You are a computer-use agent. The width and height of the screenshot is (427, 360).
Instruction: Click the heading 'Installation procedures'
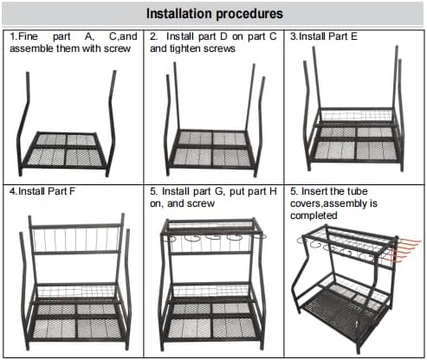[x=213, y=14]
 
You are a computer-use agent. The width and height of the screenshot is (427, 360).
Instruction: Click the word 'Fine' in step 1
[x=36, y=37]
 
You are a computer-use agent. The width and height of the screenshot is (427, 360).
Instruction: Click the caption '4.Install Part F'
[x=44, y=190]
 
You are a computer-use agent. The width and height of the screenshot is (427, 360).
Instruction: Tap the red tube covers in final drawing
[x=399, y=254]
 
